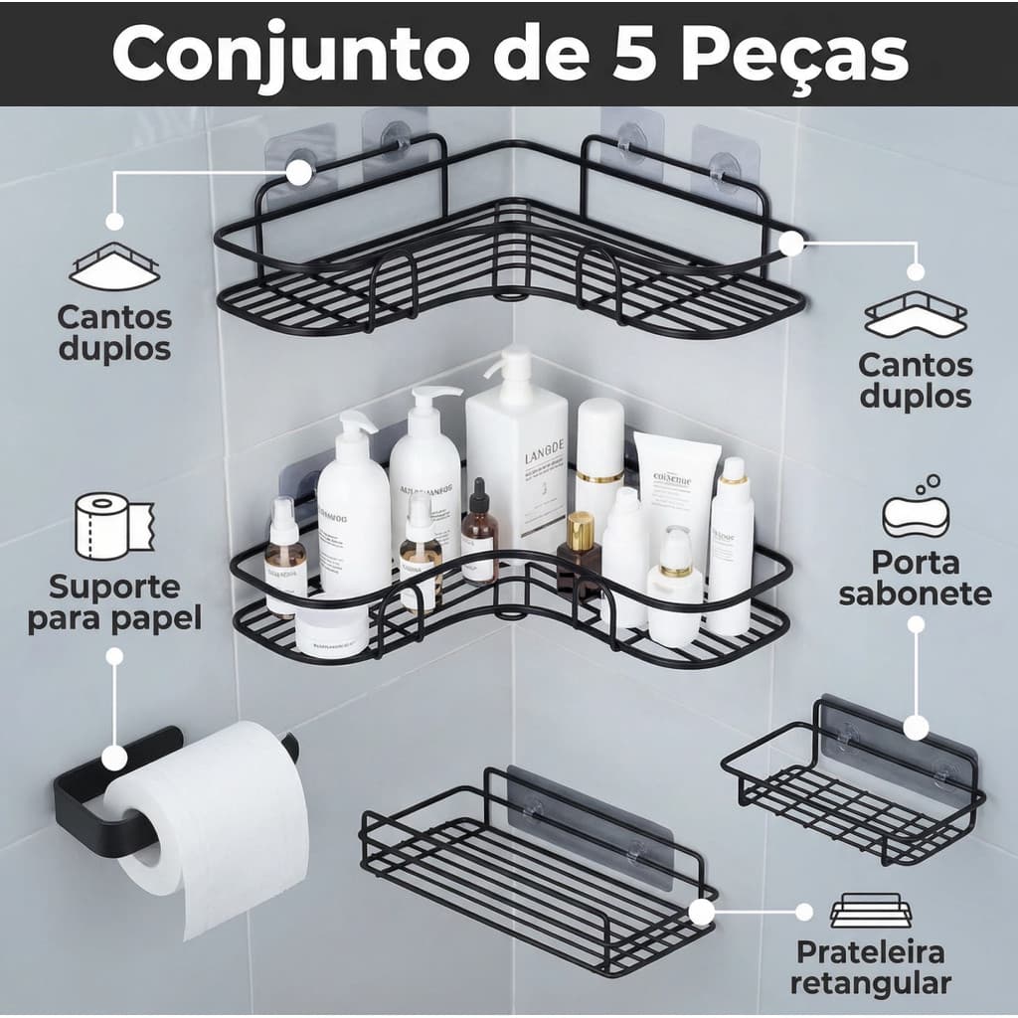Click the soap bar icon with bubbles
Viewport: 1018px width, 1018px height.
915,507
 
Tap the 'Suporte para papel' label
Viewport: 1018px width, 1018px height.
113,601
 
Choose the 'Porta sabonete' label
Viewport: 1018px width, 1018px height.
915,578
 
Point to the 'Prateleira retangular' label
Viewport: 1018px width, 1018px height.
871,967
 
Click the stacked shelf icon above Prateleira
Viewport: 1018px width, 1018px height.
871,911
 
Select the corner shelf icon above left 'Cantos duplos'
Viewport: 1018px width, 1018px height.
113,266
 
